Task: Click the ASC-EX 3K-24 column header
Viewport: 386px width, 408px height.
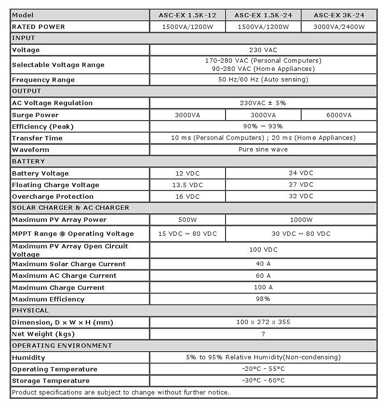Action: (339, 15)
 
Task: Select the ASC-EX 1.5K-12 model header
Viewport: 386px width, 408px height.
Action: (187, 15)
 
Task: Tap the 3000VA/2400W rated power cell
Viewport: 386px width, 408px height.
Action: (339, 27)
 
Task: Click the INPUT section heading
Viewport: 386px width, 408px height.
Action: (24, 38)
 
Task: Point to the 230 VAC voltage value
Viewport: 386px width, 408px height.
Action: (263, 50)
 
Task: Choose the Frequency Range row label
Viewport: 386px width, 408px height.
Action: (43, 80)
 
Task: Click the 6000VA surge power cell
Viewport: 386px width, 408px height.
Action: (339, 115)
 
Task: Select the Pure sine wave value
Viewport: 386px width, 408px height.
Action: (263, 150)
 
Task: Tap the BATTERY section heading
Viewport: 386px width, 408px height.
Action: (28, 161)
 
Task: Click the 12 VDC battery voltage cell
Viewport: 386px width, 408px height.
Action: (187, 173)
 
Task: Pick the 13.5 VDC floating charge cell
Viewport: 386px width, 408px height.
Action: (187, 185)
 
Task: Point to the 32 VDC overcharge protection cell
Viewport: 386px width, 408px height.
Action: (301, 196)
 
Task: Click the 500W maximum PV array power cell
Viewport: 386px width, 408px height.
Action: (187, 219)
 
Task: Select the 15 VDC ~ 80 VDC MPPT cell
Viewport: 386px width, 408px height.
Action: (187, 233)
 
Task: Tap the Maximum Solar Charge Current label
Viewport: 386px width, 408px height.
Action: (68, 264)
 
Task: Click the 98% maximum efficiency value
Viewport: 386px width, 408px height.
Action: (263, 299)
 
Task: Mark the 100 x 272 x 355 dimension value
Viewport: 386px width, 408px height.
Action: (263, 322)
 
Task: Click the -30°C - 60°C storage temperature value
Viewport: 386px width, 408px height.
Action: (263, 381)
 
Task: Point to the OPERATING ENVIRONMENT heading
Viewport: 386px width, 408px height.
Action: (62, 345)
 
